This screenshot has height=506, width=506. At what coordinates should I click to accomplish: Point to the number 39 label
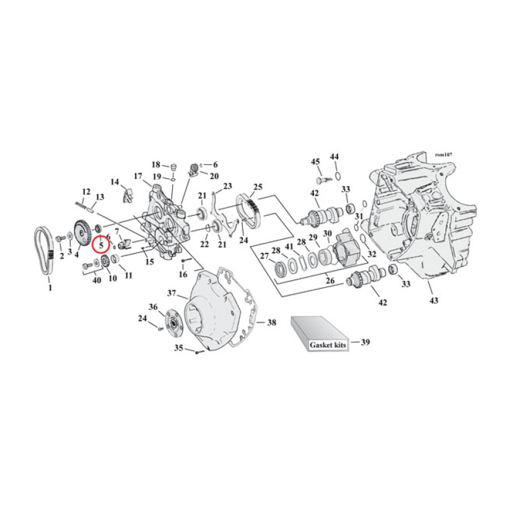point(365,342)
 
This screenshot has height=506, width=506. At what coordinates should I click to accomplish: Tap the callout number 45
point(316,162)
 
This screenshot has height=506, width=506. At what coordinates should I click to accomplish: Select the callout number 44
point(335,156)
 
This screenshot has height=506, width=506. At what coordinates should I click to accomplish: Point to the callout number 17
point(138,176)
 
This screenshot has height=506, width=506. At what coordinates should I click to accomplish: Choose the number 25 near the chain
point(257,187)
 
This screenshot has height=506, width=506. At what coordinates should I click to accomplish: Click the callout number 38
point(271,323)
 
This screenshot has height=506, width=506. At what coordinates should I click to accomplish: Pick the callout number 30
point(327,234)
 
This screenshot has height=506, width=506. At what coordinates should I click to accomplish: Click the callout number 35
point(179,348)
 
